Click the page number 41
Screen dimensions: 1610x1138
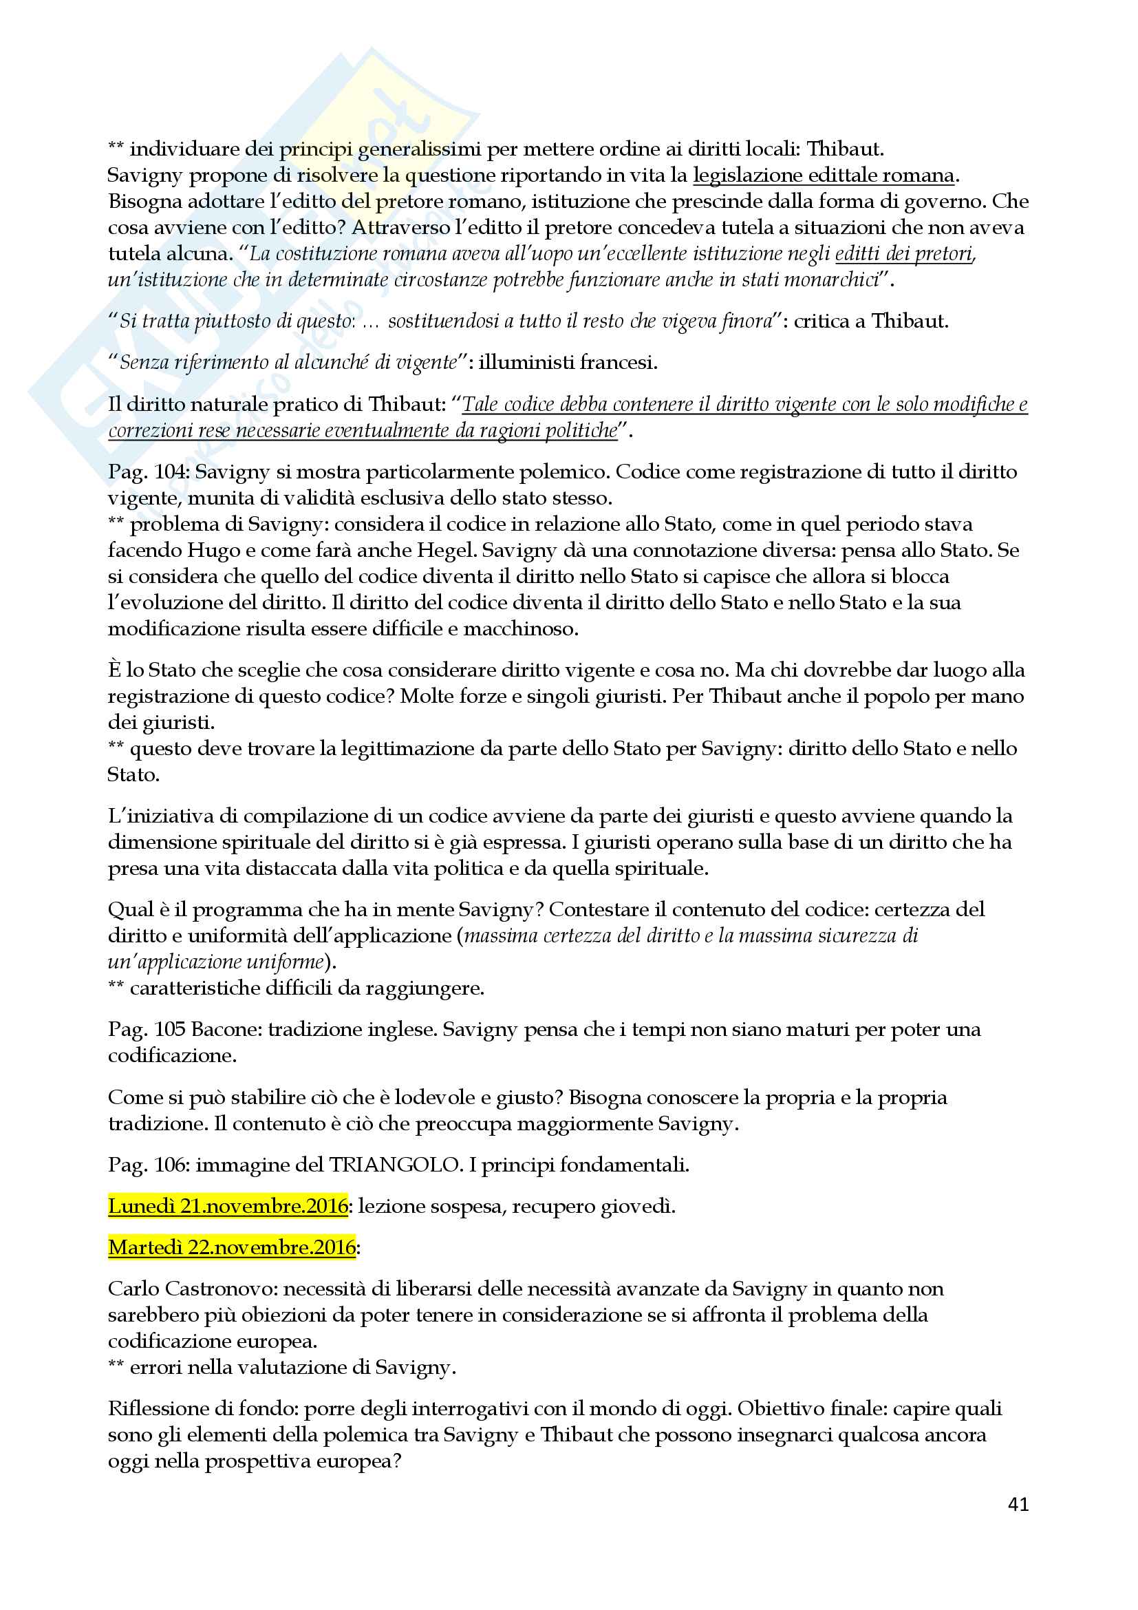[x=1018, y=1503]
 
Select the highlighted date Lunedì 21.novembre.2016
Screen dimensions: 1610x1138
[x=228, y=1206]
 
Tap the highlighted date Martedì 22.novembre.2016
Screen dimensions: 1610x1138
[x=232, y=1247]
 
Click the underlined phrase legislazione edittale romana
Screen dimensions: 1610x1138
[x=824, y=176]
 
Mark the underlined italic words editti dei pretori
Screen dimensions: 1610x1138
[x=904, y=253]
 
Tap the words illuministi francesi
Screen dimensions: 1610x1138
[x=567, y=363]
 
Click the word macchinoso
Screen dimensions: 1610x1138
[x=520, y=629]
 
